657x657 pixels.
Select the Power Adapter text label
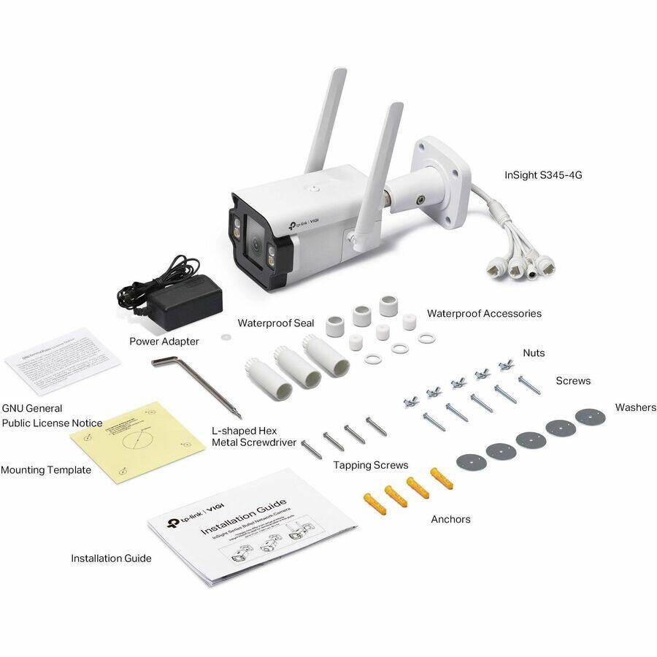tap(164, 341)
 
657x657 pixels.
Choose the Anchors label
tap(450, 519)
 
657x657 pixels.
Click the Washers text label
tap(635, 407)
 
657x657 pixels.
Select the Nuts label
tap(534, 353)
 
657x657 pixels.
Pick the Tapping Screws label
tap(371, 465)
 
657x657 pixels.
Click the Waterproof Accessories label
tap(484, 313)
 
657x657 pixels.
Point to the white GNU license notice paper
tap(62, 361)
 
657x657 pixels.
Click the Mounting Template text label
tap(46, 470)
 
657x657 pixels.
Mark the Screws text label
tap(573, 380)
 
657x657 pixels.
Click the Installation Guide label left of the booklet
tap(111, 558)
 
